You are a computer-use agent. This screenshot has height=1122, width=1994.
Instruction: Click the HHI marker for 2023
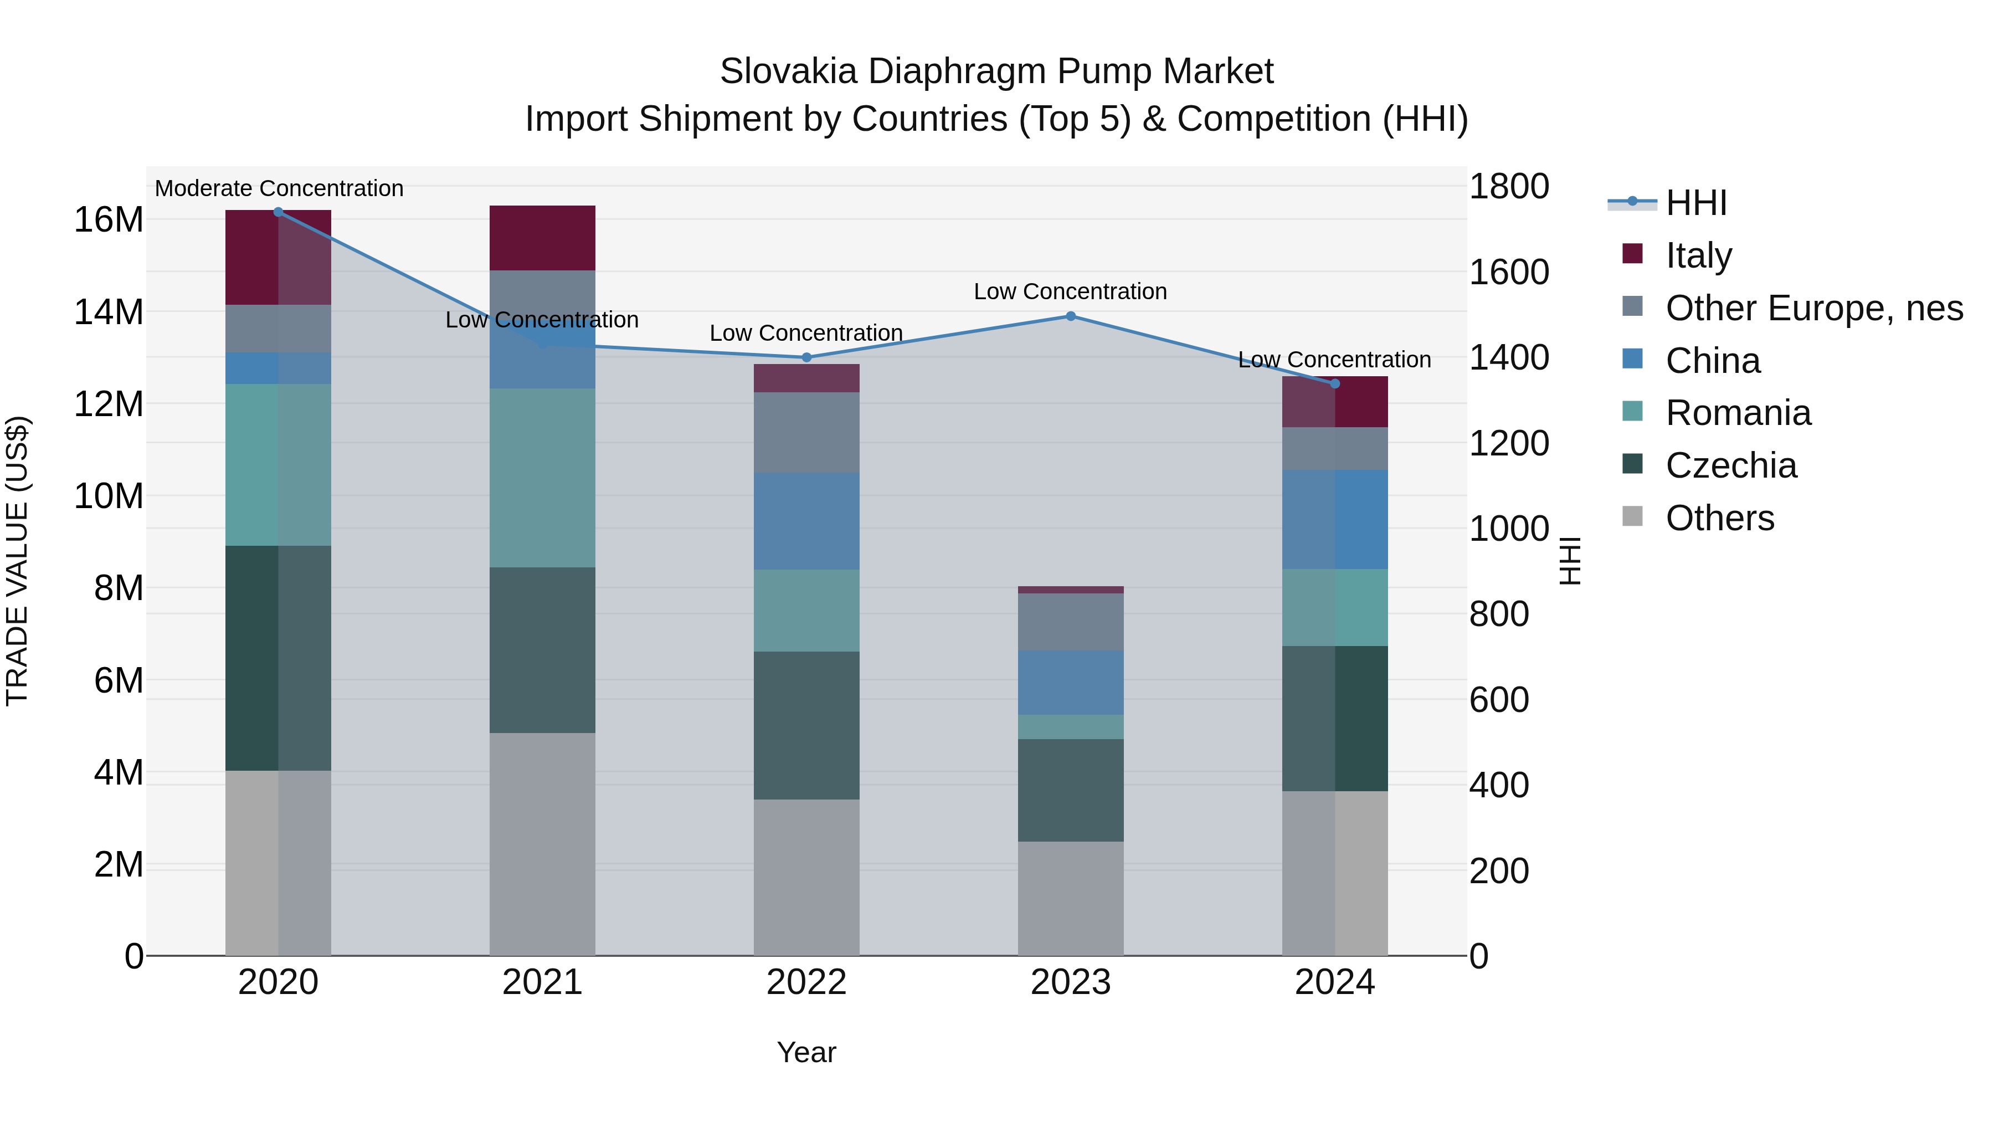click(1071, 316)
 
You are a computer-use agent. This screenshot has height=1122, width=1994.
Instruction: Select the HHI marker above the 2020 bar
click(278, 212)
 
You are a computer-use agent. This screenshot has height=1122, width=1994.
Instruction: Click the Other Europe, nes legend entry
click(1813, 308)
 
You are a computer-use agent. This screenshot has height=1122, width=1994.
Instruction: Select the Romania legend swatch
click(1632, 411)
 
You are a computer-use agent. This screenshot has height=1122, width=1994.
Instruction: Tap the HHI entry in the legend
click(1695, 203)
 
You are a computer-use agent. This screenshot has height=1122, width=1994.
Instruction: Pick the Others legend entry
click(1719, 518)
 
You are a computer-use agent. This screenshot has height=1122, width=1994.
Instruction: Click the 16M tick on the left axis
click(109, 220)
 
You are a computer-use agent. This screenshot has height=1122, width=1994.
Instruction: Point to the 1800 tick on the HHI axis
click(1509, 187)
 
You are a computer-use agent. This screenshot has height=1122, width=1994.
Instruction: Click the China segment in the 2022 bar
click(806, 521)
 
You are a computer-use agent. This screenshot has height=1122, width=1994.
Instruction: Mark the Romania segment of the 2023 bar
click(1071, 726)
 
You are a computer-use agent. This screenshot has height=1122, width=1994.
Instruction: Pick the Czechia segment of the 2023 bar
click(1071, 790)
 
